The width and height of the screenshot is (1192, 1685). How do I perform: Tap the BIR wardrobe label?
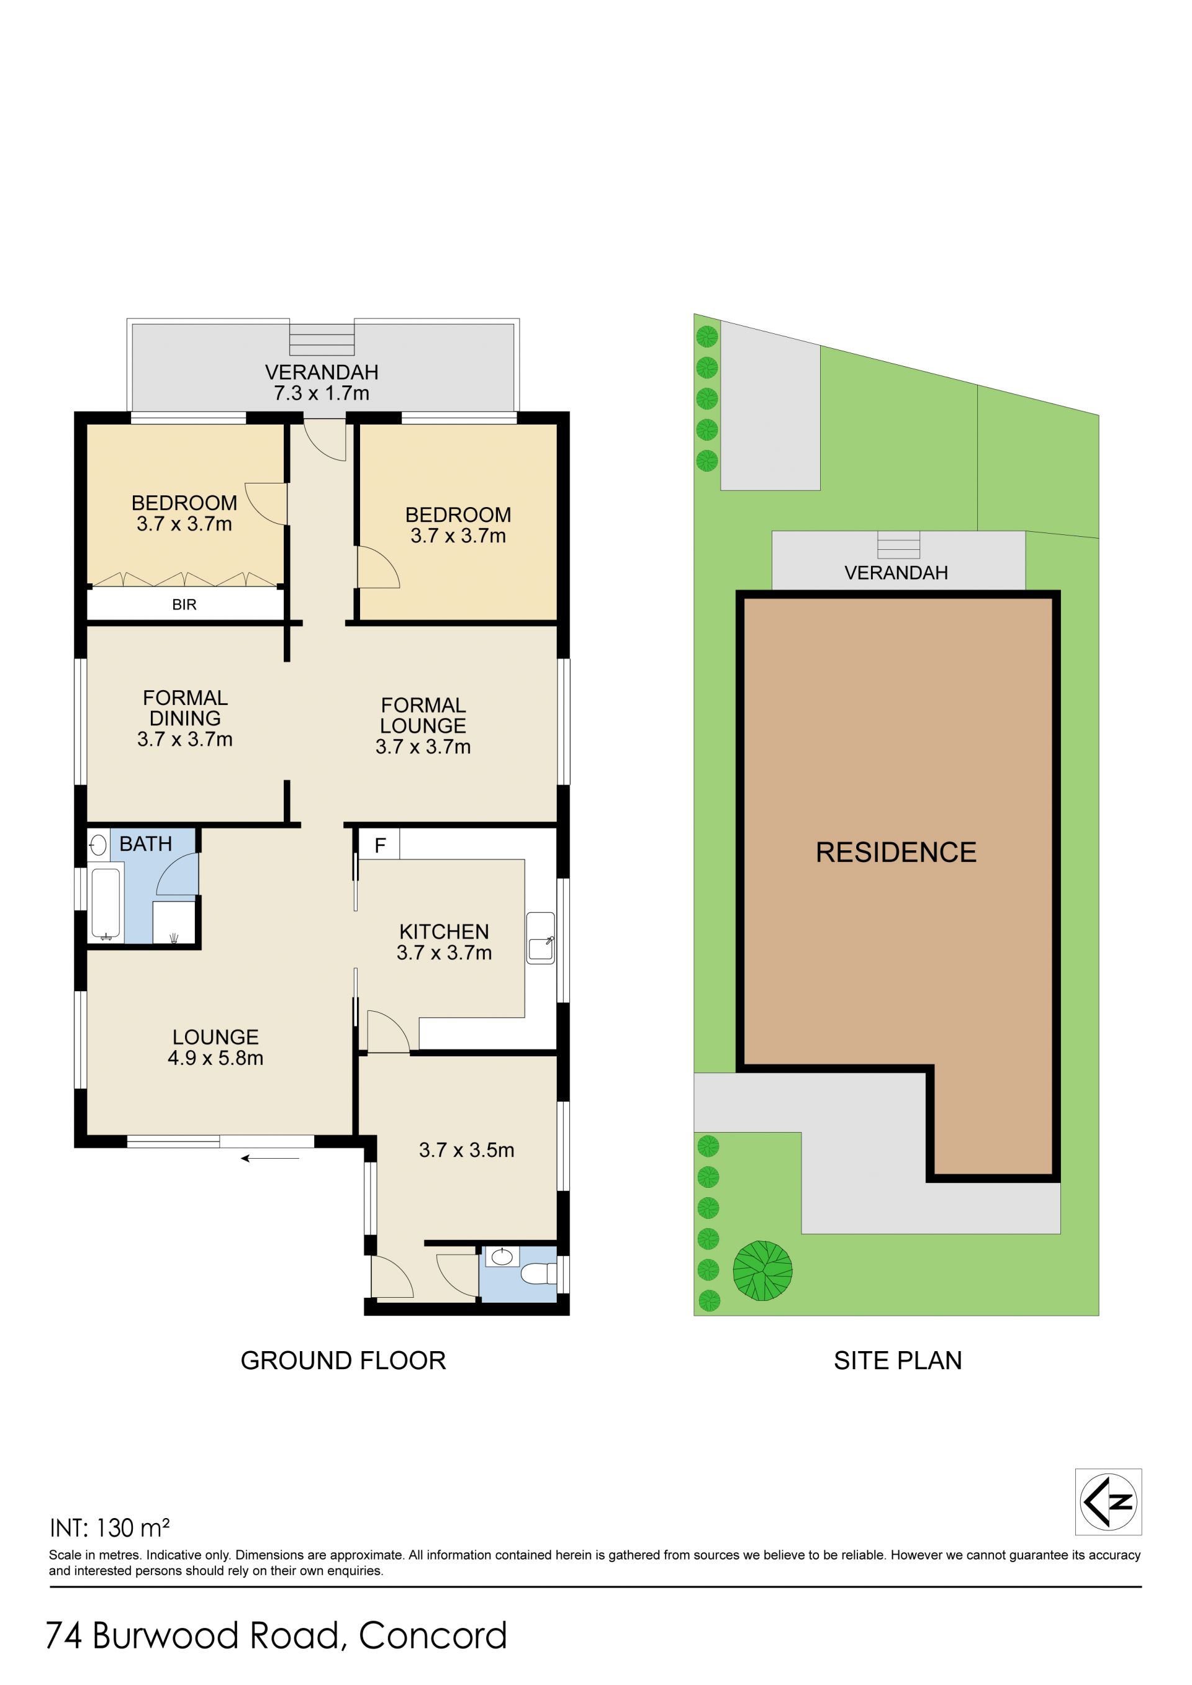[x=184, y=604]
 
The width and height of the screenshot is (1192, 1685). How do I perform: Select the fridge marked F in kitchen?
[x=379, y=845]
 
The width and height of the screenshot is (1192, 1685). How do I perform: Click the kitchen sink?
[x=541, y=938]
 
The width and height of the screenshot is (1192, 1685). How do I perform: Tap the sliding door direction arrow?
[x=270, y=1158]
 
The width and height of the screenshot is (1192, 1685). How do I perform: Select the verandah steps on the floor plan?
[x=322, y=339]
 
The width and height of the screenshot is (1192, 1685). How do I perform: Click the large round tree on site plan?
[x=762, y=1270]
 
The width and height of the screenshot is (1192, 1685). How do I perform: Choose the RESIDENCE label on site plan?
[x=896, y=852]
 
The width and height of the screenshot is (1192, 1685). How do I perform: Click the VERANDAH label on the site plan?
[x=896, y=573]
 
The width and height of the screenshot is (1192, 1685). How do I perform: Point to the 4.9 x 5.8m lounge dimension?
[x=216, y=1058]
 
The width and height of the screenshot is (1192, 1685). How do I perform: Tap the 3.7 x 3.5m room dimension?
[x=467, y=1150]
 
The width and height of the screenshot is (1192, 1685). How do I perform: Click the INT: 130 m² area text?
[x=109, y=1528]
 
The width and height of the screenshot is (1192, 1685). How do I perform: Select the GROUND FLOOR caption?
[x=343, y=1362]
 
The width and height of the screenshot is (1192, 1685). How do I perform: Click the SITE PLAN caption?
[x=898, y=1362]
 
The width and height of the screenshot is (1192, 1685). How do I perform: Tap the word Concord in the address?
[x=433, y=1636]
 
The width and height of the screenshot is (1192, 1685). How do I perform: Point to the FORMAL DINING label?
[x=185, y=708]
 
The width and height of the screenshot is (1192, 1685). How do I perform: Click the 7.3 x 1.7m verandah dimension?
[x=322, y=393]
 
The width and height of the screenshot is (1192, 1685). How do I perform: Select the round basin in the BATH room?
[x=97, y=845]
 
